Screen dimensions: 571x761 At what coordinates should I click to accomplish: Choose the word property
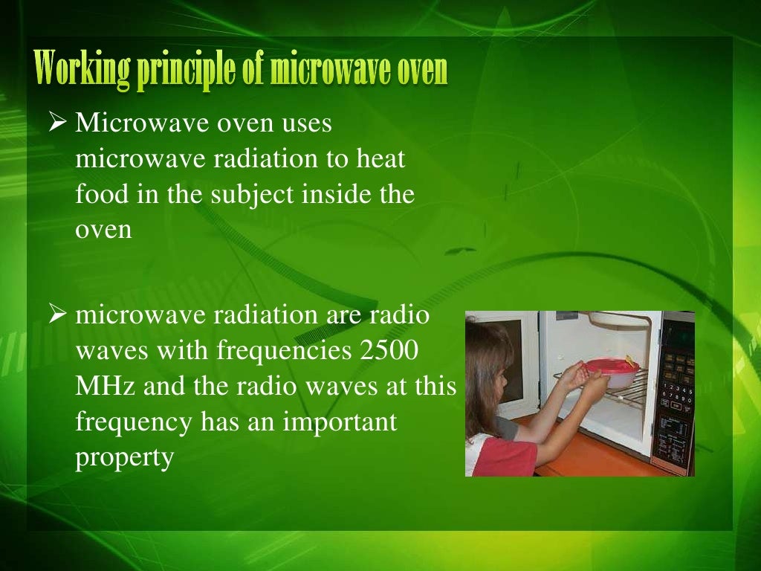(124, 458)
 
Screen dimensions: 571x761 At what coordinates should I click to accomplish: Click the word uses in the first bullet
(306, 123)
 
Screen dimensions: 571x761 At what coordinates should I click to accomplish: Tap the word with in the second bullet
(181, 350)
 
